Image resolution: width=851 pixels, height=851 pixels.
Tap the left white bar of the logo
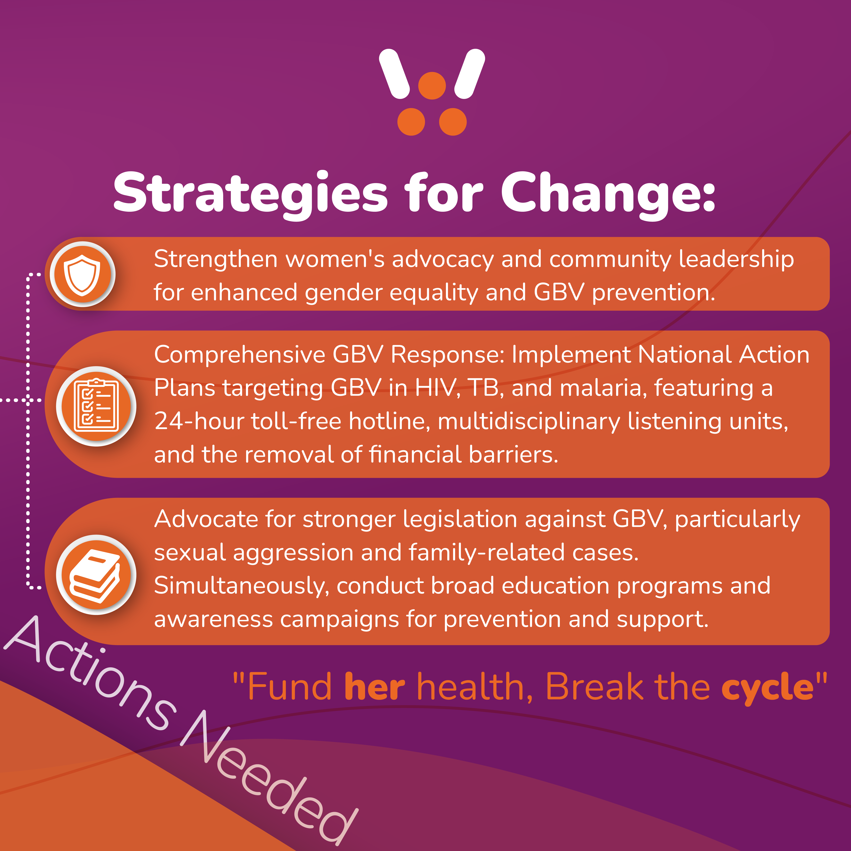[x=395, y=74]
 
